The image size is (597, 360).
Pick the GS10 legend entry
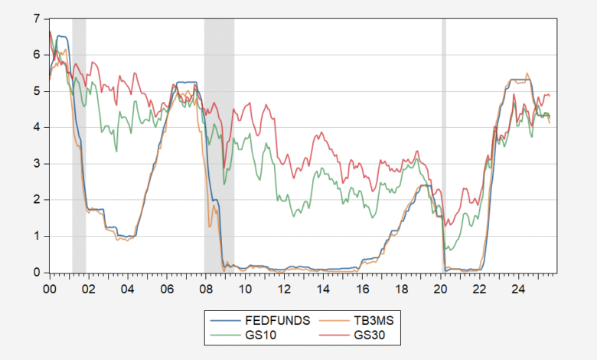262,335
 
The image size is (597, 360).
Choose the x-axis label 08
205,290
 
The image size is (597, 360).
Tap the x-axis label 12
284,290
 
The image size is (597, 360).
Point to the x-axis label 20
440,290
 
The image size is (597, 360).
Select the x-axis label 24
518,290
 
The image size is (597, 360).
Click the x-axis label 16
362,290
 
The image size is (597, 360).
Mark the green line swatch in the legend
226,335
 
